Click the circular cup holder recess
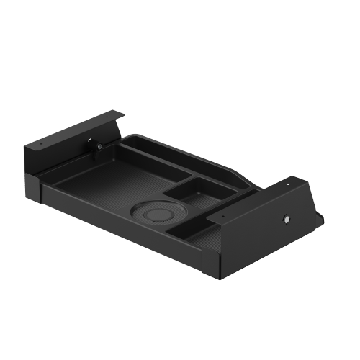coord(158,214)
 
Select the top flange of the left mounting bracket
coord(72,130)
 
